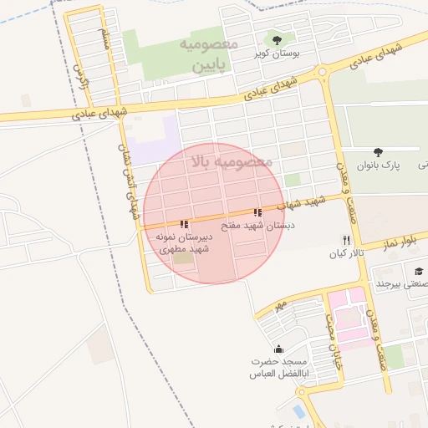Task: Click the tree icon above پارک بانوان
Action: tap(379, 152)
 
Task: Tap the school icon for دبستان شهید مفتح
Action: tap(257, 213)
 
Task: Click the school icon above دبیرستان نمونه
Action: tap(184, 224)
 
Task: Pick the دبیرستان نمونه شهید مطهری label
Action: tap(184, 242)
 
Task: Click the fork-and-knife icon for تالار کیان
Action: tap(344, 239)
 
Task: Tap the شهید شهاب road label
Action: tap(306, 202)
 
